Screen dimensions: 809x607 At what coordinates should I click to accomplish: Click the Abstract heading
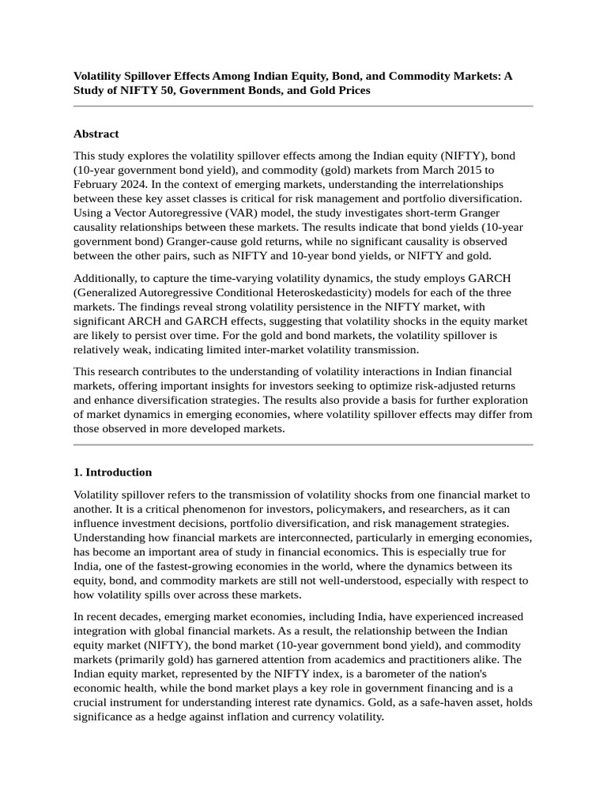pyautogui.click(x=96, y=134)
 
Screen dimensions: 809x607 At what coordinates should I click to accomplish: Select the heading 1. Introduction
pyautogui.click(x=112, y=472)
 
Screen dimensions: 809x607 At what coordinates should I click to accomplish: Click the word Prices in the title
pyautogui.click(x=350, y=90)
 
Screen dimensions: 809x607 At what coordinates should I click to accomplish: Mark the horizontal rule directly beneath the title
pyautogui.click(x=303, y=106)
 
